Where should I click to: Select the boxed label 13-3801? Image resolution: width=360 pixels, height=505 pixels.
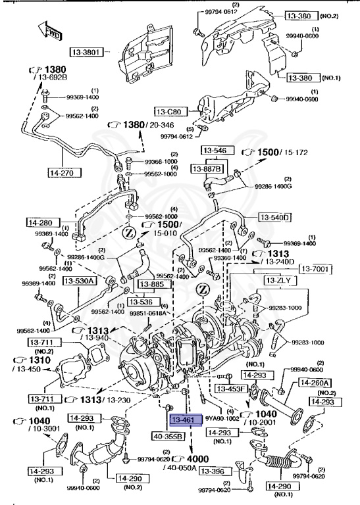pyautogui.click(x=89, y=51)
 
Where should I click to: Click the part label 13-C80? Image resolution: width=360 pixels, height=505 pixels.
pyautogui.click(x=171, y=111)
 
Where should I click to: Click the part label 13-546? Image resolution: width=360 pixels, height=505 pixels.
pyautogui.click(x=214, y=151)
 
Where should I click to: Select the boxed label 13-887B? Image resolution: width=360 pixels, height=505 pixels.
pyautogui.click(x=209, y=169)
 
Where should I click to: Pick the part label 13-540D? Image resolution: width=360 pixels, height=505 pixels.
pyautogui.click(x=275, y=217)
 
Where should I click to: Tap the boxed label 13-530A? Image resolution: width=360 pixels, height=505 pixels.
pyautogui.click(x=80, y=281)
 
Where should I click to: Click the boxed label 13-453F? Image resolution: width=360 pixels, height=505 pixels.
pyautogui.click(x=233, y=389)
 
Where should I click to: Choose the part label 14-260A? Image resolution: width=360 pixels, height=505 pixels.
pyautogui.click(x=315, y=383)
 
